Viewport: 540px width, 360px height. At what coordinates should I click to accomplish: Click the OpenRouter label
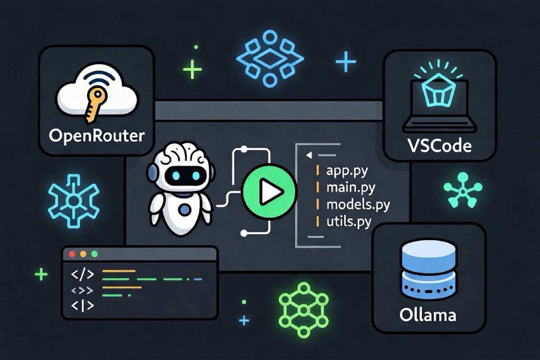tap(96, 136)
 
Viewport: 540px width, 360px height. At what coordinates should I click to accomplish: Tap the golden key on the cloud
tap(94, 105)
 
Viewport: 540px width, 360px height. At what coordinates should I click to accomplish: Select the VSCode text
tap(439, 146)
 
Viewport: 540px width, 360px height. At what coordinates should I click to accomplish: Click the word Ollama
tap(428, 315)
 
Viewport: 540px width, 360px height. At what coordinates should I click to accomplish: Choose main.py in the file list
tap(351, 188)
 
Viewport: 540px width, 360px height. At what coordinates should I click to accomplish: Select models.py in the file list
tap(358, 205)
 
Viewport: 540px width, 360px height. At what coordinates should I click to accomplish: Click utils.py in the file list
tap(349, 222)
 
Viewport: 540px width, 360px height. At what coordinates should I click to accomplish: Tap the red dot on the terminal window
tap(72, 254)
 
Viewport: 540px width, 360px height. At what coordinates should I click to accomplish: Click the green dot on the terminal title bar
tap(94, 254)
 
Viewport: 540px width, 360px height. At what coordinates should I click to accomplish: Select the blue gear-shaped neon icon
tap(74, 201)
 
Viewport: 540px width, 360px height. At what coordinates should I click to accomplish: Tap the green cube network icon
tap(304, 310)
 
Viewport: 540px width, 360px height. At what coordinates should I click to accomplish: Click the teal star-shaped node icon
tap(463, 190)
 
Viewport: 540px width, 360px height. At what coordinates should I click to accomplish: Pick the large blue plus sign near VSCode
tap(346, 61)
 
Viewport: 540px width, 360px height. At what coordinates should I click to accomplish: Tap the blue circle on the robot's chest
tap(185, 209)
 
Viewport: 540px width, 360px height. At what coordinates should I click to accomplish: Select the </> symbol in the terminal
tap(83, 274)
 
